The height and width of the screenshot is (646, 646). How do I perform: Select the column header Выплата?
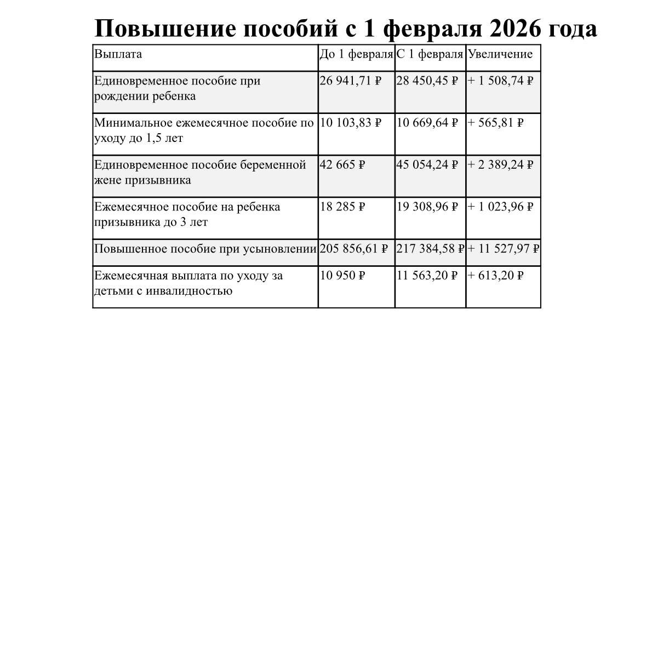click(x=118, y=54)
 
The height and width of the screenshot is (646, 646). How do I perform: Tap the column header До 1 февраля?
click(x=356, y=54)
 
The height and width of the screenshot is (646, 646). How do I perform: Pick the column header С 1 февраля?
click(x=430, y=54)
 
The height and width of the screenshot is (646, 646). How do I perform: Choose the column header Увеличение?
click(x=500, y=54)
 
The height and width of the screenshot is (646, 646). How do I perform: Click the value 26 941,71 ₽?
click(x=350, y=81)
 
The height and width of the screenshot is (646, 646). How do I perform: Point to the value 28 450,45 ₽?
click(x=427, y=81)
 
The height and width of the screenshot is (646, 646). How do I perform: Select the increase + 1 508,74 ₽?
click(x=500, y=81)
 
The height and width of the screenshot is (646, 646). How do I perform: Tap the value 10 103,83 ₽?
click(x=350, y=123)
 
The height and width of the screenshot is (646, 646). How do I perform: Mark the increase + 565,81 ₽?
click(x=495, y=123)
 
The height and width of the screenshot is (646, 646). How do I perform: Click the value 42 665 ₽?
click(x=342, y=165)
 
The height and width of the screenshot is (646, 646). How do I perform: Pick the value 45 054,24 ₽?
click(x=427, y=165)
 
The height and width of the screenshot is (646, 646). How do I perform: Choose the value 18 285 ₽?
click(x=342, y=207)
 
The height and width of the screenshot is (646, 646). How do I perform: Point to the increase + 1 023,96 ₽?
click(x=500, y=207)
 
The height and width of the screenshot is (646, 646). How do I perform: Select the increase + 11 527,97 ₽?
click(x=503, y=249)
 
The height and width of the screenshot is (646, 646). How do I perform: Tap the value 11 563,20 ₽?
click(x=427, y=276)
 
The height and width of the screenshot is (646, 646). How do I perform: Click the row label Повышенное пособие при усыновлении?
click(x=205, y=249)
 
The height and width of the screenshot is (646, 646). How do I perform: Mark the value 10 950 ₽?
click(x=342, y=276)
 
